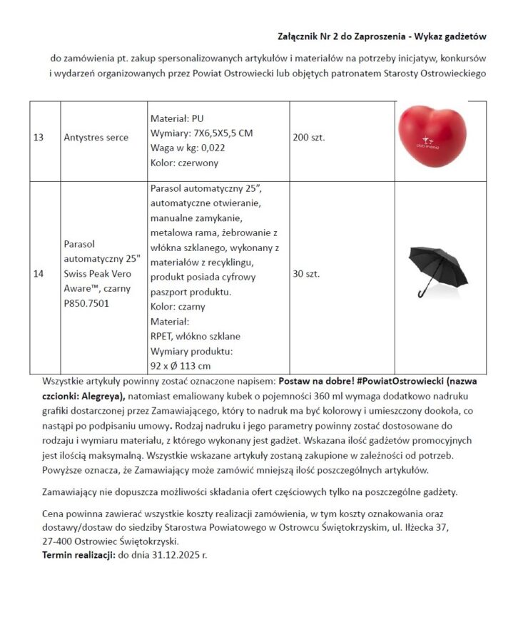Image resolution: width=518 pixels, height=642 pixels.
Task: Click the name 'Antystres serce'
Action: coord(92,137)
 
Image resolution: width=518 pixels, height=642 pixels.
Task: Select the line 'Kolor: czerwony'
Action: coord(185,163)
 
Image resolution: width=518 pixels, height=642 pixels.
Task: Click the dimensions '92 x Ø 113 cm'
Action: coord(181,366)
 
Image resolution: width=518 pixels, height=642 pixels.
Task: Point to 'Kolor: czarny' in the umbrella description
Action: coord(178,307)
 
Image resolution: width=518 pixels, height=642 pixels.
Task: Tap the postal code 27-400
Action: coord(60,541)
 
